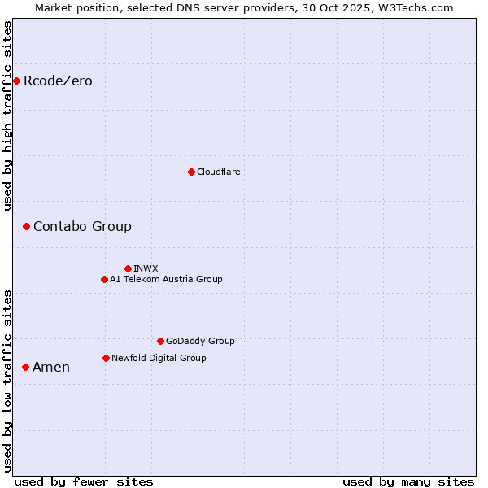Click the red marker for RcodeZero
pyautogui.click(x=16, y=81)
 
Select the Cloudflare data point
pyautogui.click(x=191, y=172)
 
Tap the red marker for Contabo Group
pyautogui.click(x=26, y=226)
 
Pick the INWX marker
pyautogui.click(x=128, y=268)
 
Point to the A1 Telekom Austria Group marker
pyautogui.click(x=104, y=279)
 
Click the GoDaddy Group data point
pyautogui.click(x=160, y=341)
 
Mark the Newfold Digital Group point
pyautogui.click(x=106, y=358)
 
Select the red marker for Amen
pyautogui.click(x=25, y=367)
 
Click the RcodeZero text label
pyautogui.click(x=58, y=81)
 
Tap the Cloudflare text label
pyautogui.click(x=218, y=172)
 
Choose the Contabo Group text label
pyautogui.click(x=82, y=226)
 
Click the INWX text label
pyautogui.click(x=146, y=268)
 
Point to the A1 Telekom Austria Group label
pyautogui.click(x=166, y=279)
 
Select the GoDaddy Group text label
pyautogui.click(x=200, y=341)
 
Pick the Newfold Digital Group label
pyautogui.click(x=159, y=358)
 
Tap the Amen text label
pyautogui.click(x=51, y=367)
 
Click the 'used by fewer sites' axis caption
pyautogui.click(x=84, y=481)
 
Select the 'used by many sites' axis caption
pyautogui.click(x=408, y=481)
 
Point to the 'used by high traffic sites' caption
pyautogui.click(x=8, y=115)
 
